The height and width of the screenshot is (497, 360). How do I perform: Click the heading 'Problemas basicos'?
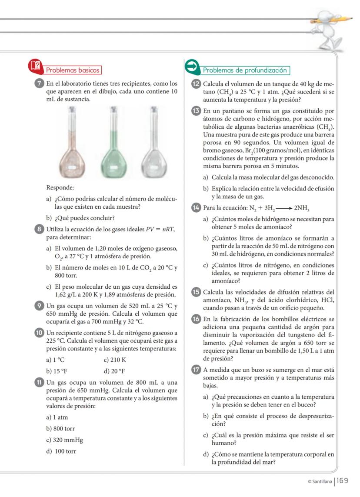(73, 70)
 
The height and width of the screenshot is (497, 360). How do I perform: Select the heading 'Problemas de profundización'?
(246, 70)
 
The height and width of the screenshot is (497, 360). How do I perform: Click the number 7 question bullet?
(40, 83)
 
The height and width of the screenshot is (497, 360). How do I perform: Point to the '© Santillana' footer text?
(320, 481)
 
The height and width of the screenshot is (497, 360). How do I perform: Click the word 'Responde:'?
(60, 188)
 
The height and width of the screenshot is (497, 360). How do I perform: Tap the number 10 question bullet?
(40, 334)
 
